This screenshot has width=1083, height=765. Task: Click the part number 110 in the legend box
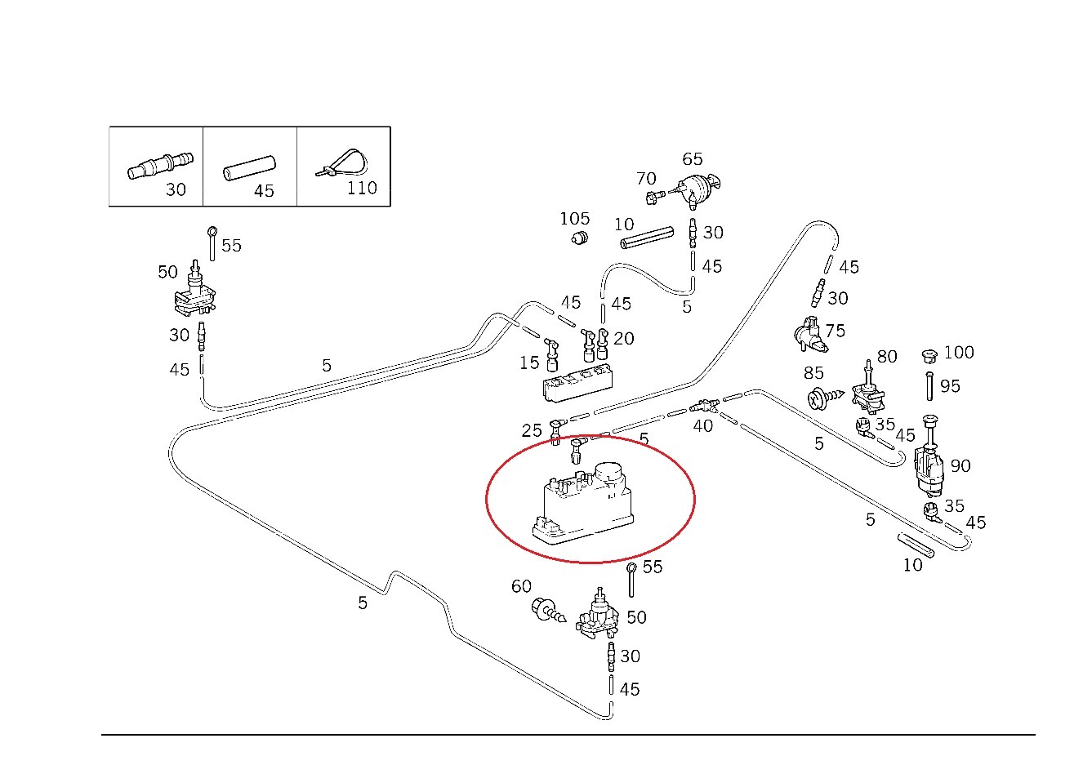coord(362,188)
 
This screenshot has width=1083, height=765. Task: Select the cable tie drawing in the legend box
coord(341,162)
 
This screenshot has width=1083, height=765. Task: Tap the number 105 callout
coord(574,219)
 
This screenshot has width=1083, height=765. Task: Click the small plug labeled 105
coord(579,238)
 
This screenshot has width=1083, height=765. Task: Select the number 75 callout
coord(835,331)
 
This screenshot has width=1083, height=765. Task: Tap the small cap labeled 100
coord(929,356)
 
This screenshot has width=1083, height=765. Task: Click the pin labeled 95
coord(929,385)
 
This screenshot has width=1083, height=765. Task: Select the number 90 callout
coord(960,465)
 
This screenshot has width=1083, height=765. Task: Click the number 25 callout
coord(532,430)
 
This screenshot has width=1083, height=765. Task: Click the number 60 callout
coord(521,586)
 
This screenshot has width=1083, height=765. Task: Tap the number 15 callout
coord(529,362)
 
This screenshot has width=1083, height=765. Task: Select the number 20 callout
coord(623,338)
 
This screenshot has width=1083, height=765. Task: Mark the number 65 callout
coord(692,158)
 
